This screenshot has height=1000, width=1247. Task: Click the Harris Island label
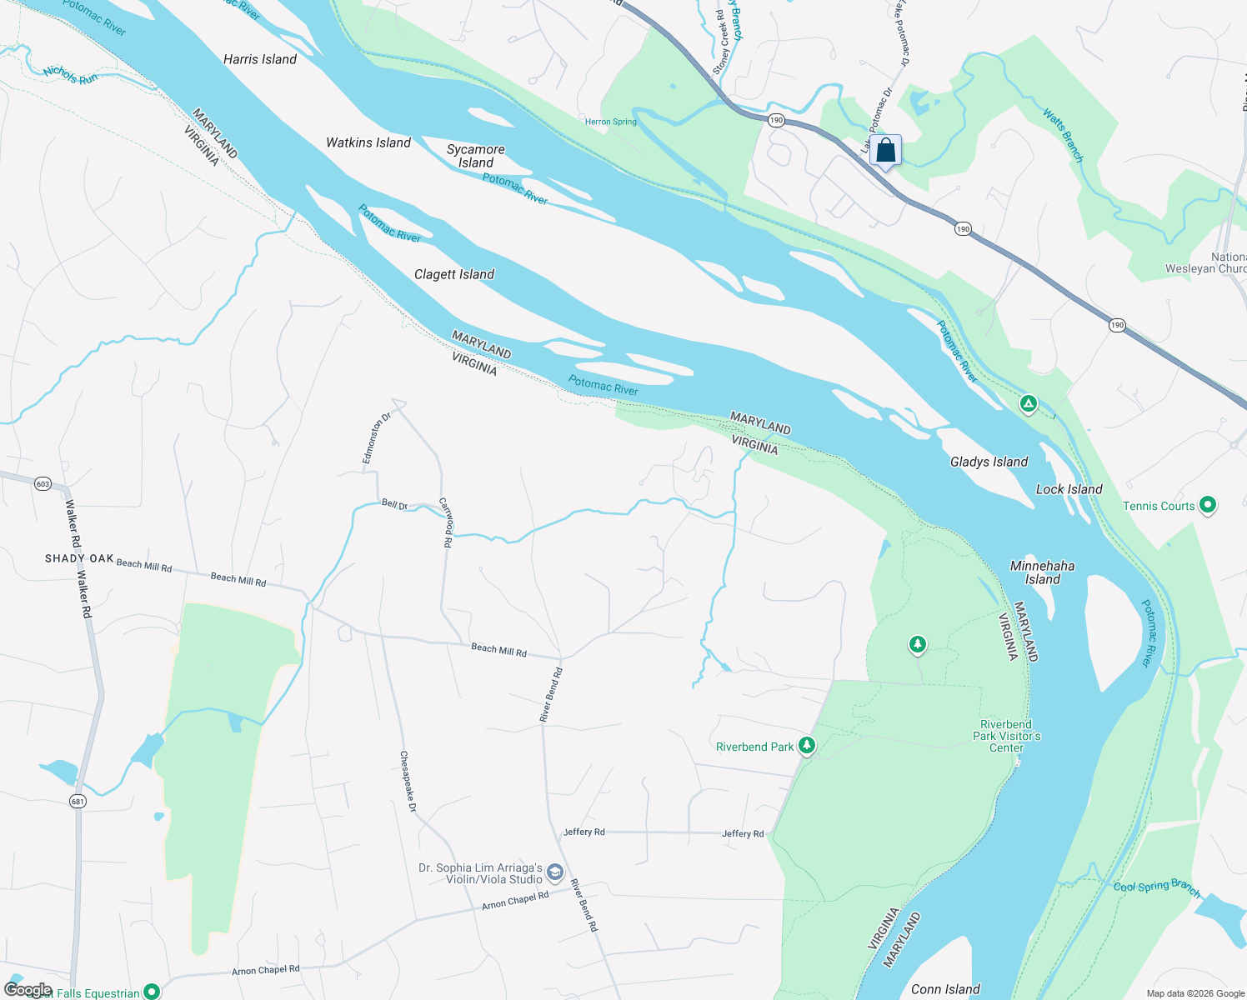click(x=259, y=59)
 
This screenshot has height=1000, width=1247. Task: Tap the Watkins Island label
click(x=368, y=142)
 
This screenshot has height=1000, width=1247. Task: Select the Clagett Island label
click(x=453, y=274)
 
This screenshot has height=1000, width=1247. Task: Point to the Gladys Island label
click(x=989, y=462)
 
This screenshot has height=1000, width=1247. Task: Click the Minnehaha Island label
click(x=1042, y=572)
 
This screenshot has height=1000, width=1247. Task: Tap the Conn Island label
click(x=944, y=989)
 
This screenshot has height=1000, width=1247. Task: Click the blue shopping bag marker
click(x=885, y=151)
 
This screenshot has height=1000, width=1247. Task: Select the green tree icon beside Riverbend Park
click(x=806, y=745)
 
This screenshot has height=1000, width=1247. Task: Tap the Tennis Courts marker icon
click(x=1207, y=505)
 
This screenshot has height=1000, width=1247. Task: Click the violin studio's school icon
click(x=555, y=873)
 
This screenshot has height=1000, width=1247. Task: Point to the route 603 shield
click(x=43, y=483)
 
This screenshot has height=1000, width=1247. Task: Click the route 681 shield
click(x=78, y=802)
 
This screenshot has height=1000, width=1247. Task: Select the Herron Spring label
click(x=610, y=122)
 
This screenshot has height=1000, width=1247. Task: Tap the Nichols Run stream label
click(x=71, y=75)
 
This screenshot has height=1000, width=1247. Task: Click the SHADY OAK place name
click(x=79, y=558)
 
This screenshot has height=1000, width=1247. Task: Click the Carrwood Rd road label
click(x=446, y=522)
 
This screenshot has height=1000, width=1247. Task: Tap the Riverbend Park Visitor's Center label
click(x=1006, y=736)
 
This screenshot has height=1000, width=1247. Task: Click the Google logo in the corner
click(x=28, y=989)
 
